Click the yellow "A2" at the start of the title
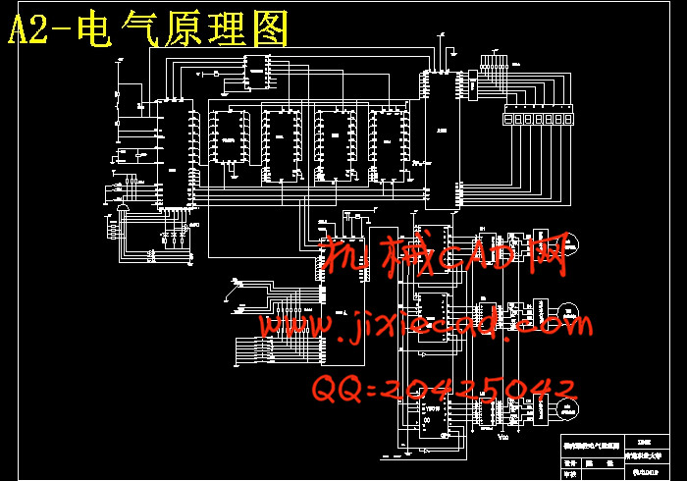[28, 30]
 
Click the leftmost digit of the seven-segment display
[507, 118]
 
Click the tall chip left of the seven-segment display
[441, 137]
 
